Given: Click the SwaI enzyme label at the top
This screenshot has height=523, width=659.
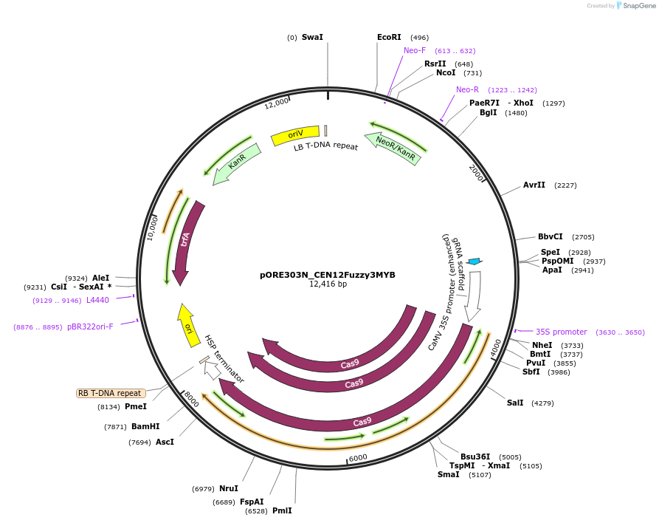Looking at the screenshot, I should tap(312, 37).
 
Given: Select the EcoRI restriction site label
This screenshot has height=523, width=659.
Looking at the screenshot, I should tap(389, 37).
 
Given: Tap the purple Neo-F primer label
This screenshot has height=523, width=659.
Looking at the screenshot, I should tap(415, 50).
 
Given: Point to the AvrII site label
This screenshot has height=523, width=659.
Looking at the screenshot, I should tap(534, 185).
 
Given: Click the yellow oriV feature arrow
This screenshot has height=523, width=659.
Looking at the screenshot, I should tap(295, 134).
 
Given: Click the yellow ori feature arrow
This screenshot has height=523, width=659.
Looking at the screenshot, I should tap(189, 325).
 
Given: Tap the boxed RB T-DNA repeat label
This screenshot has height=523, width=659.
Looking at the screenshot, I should tap(110, 393).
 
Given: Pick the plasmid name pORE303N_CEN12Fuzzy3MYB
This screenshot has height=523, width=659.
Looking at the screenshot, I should tap(327, 275).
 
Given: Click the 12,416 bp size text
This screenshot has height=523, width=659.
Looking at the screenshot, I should tap(328, 284).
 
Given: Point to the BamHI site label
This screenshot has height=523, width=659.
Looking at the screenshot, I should tap(145, 426).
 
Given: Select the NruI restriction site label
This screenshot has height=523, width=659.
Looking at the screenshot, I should tap(229, 488).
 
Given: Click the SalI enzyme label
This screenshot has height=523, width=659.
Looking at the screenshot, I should tap(515, 403).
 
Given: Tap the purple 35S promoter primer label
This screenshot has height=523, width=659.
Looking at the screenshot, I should tap(562, 332).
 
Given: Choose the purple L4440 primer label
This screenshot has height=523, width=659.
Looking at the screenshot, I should tap(97, 300).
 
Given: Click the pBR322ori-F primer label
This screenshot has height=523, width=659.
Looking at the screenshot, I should tap(91, 327).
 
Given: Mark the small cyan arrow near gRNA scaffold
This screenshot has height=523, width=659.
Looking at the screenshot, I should tap(475, 261).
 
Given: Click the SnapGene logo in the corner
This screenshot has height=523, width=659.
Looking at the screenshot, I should tap(635, 6).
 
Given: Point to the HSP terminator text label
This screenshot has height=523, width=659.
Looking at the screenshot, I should tap(224, 358).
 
